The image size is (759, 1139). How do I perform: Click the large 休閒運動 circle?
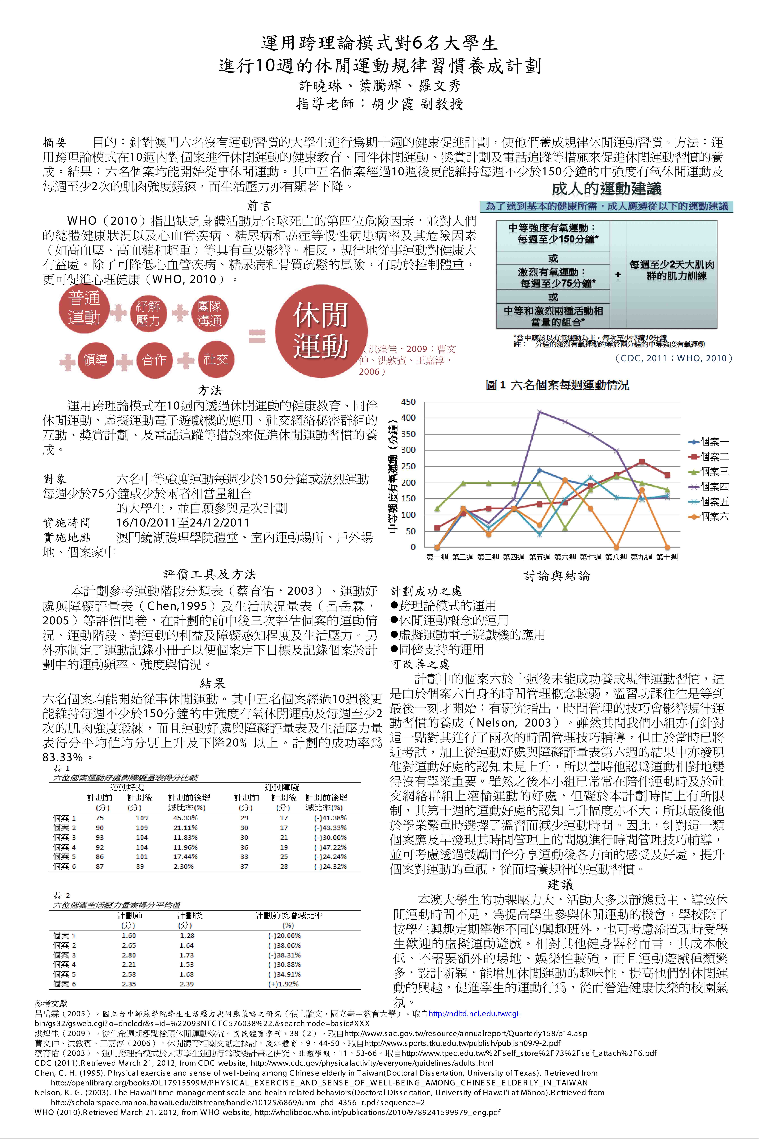321,331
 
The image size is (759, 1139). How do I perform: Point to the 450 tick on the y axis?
408,402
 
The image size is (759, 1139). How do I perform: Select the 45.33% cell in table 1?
185,818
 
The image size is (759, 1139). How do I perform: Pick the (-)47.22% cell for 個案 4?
331,847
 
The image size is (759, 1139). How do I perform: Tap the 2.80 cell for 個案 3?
129,955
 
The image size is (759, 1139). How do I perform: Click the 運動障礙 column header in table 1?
282,788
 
